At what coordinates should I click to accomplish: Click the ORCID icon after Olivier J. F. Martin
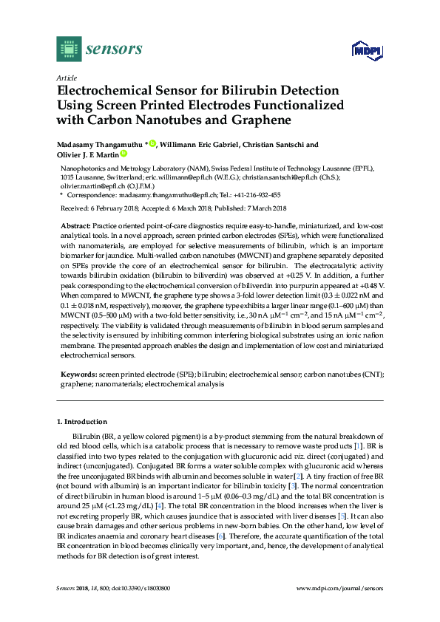(x=124, y=154)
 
